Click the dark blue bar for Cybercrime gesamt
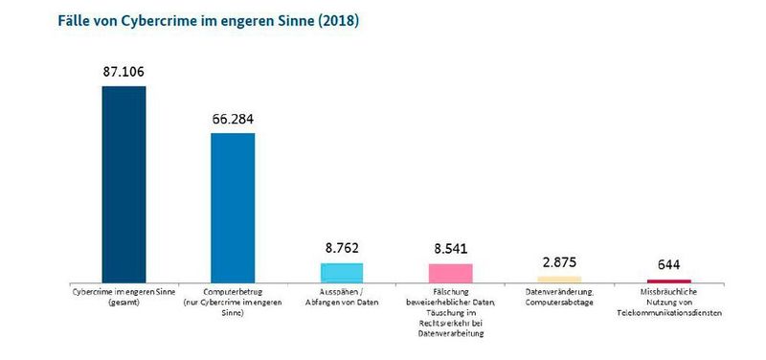tap(124, 183)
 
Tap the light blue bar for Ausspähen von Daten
tap(341, 270)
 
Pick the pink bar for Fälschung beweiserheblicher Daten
tap(450, 271)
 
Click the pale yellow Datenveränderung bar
tap(559, 279)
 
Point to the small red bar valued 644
tap(669, 281)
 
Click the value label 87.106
tap(124, 72)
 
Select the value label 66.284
tap(233, 119)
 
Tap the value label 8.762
tap(341, 247)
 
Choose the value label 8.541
tap(450, 248)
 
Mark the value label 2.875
tap(559, 260)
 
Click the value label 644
tap(669, 264)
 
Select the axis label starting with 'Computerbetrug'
tap(233, 300)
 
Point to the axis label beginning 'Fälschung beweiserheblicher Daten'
tap(450, 311)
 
